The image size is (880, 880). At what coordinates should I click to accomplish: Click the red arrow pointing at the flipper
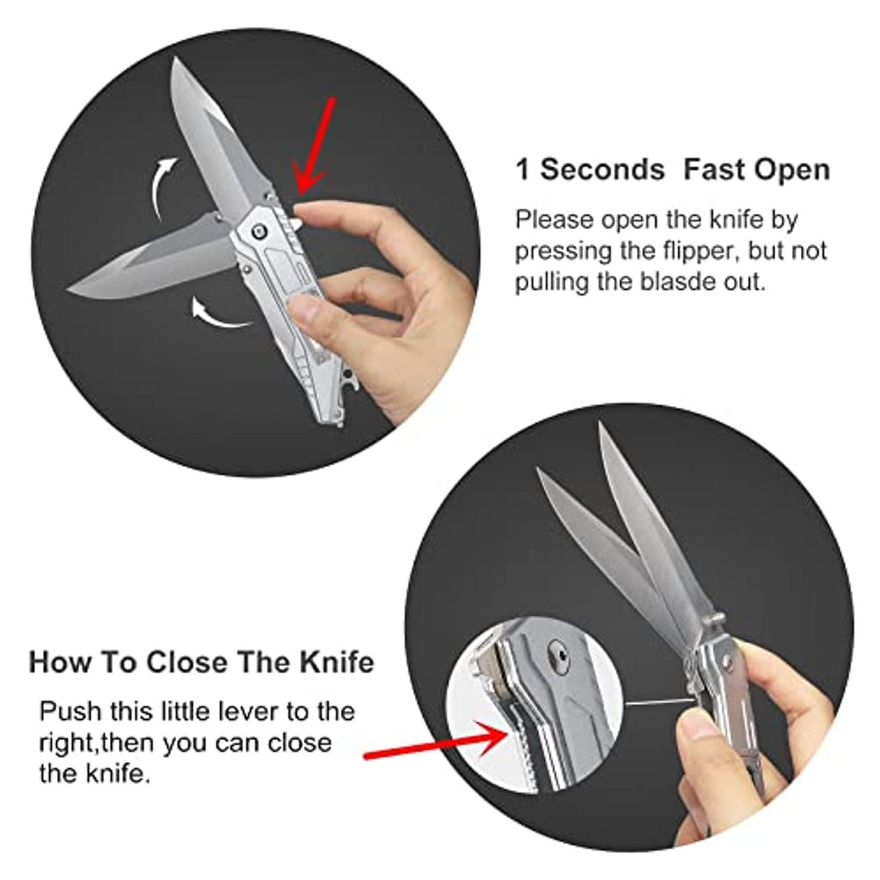[x=315, y=147]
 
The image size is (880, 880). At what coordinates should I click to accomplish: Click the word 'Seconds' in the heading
[x=602, y=169]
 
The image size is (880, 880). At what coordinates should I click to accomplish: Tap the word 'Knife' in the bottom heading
[x=337, y=663]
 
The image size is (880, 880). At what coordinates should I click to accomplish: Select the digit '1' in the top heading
[x=522, y=169]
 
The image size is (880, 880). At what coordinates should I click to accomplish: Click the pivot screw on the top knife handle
[x=260, y=229]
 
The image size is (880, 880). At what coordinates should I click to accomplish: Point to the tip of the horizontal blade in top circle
[x=69, y=290]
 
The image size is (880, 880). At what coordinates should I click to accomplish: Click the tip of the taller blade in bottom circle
[x=601, y=424]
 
